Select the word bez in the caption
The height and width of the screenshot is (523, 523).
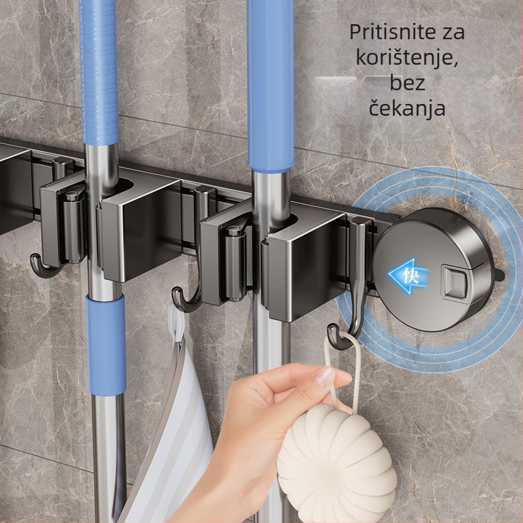coord(407,82)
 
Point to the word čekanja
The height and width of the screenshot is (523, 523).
coord(407,107)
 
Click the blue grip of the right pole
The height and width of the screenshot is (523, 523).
coord(270,85)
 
